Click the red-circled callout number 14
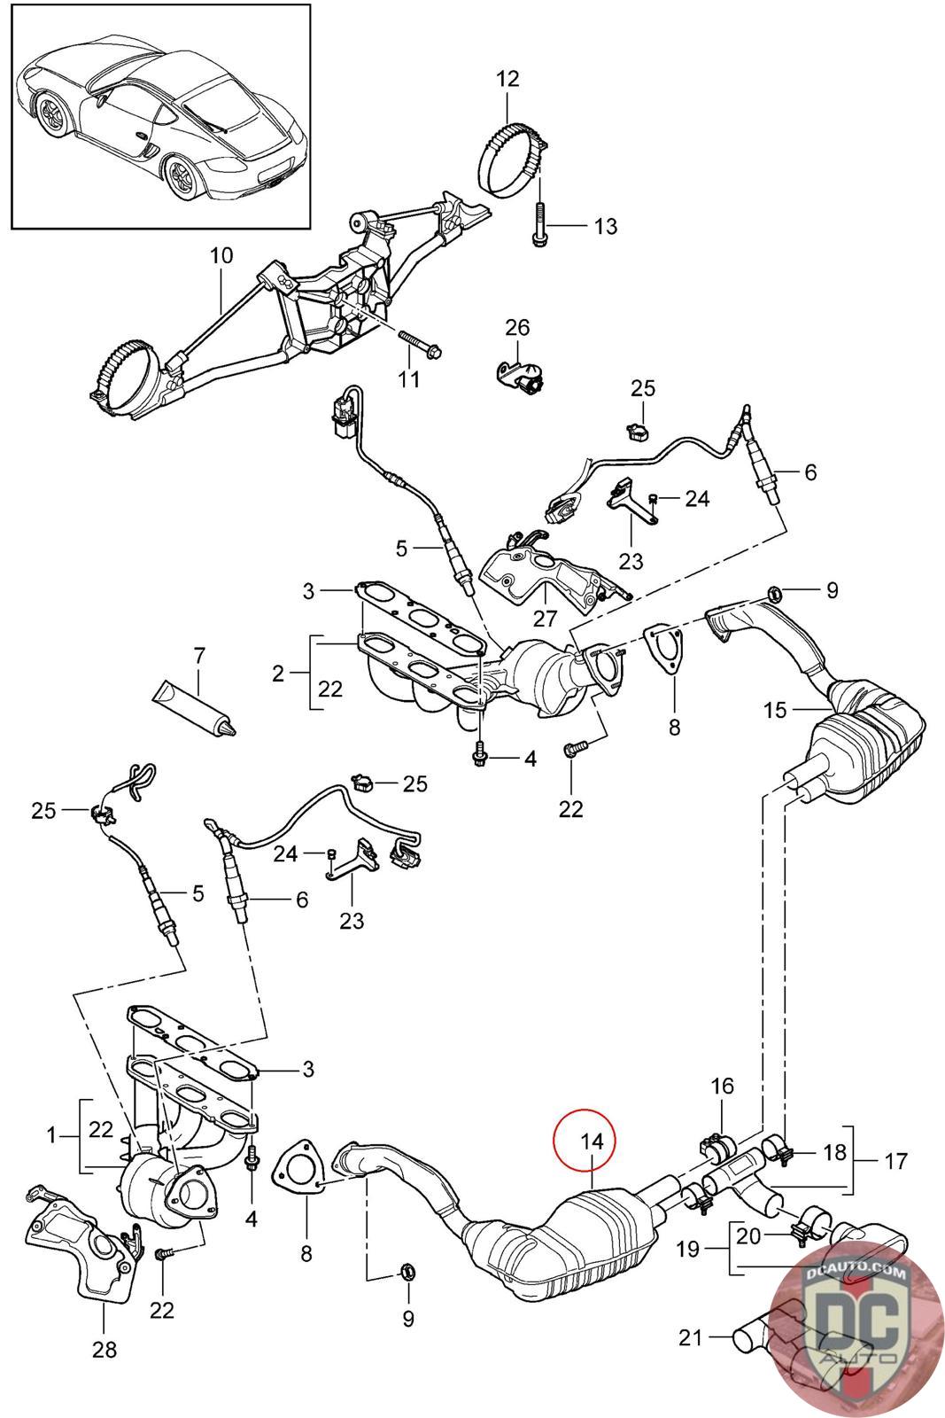pyautogui.click(x=592, y=1141)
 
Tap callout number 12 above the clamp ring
pyautogui.click(x=507, y=79)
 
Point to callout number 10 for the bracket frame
pyautogui.click(x=221, y=256)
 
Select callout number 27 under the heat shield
pyautogui.click(x=544, y=618)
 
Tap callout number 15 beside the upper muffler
pyautogui.click(x=775, y=710)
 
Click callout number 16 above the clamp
pyautogui.click(x=722, y=1087)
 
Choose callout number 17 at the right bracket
pyautogui.click(x=895, y=1161)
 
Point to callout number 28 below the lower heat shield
pyautogui.click(x=105, y=1350)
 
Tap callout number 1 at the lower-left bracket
pyautogui.click(x=52, y=1135)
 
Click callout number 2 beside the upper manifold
pyautogui.click(x=278, y=674)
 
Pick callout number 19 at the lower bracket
pyautogui.click(x=688, y=1249)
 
